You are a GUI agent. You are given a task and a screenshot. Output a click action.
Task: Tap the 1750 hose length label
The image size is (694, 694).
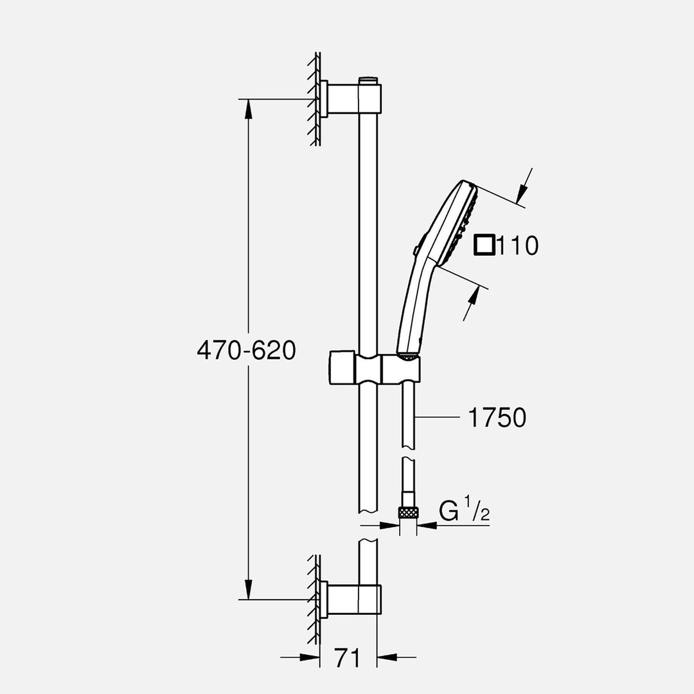click(497, 418)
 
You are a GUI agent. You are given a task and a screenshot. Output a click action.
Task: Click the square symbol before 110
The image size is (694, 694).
click(485, 245)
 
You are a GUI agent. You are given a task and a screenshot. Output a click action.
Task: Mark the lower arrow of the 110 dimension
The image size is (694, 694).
click(475, 297)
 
